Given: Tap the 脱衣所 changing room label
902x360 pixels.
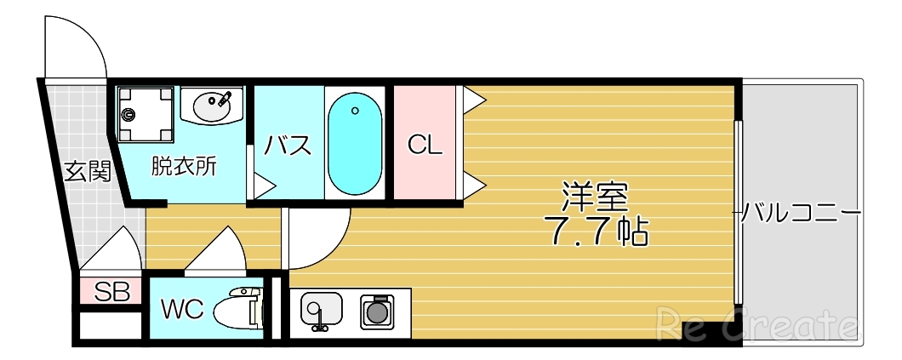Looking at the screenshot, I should (184, 165).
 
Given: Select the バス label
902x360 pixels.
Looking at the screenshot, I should (287, 146).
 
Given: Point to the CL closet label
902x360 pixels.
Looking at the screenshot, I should (425, 145).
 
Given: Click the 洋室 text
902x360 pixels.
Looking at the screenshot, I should (594, 197).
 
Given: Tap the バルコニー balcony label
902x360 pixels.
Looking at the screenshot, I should (800, 211).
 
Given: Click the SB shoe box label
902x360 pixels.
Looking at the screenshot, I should (111, 293).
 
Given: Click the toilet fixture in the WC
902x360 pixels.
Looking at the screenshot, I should (237, 311).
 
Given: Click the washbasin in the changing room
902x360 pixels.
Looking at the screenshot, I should (212, 106).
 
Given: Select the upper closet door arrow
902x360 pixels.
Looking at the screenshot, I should (473, 101).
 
